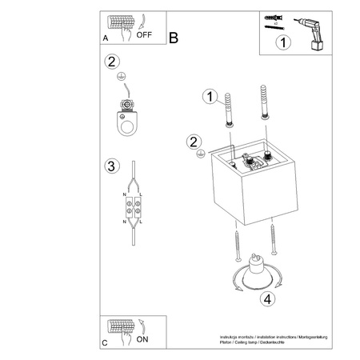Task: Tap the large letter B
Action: [174, 36]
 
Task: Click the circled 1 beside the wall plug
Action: [210, 97]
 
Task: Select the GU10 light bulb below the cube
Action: [259, 271]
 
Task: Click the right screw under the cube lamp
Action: [273, 238]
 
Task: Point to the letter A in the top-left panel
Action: [106, 37]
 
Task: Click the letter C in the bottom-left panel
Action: [106, 342]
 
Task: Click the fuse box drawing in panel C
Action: [122, 328]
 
